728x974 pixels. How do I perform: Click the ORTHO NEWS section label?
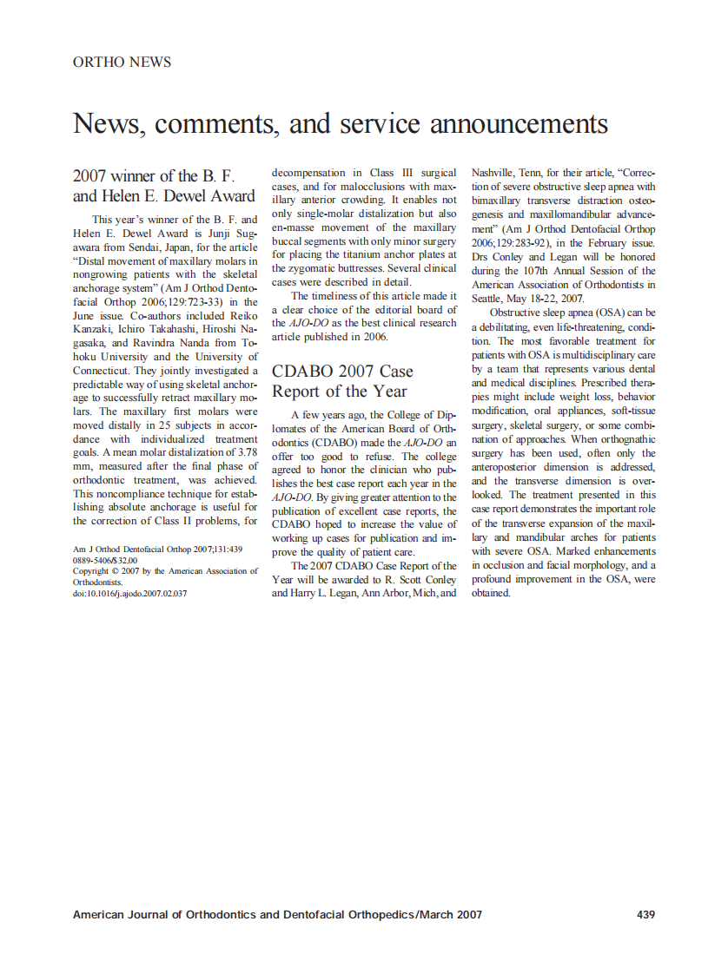(122, 63)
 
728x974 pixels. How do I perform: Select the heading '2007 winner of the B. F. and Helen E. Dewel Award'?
(163, 186)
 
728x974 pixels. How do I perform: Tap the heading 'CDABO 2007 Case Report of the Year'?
(340, 381)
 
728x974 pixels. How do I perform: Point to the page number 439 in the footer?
(645, 914)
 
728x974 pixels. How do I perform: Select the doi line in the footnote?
(129, 594)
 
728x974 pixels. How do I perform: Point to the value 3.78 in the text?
(243, 452)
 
